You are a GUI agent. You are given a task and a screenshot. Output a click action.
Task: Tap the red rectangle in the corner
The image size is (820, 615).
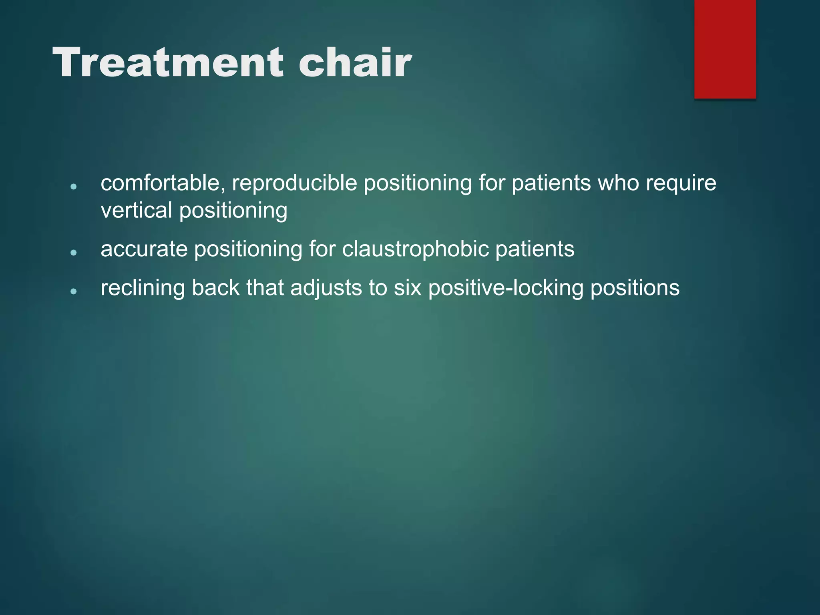point(725,49)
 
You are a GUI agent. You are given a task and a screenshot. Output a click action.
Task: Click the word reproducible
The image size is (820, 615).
point(294,183)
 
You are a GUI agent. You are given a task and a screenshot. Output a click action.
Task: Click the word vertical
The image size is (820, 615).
point(136,210)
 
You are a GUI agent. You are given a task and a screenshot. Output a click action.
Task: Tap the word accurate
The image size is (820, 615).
point(144,249)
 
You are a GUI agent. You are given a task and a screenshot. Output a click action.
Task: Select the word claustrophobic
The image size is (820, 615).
point(416,249)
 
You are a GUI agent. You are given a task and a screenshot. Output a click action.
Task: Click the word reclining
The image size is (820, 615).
point(143,288)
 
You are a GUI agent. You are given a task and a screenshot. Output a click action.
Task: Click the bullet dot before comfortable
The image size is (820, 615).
point(73,187)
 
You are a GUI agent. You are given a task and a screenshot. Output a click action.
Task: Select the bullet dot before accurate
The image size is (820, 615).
point(73,253)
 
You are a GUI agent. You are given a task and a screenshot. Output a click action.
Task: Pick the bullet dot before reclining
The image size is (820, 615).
point(73,291)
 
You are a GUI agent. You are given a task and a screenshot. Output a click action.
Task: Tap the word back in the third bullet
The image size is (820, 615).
point(215,288)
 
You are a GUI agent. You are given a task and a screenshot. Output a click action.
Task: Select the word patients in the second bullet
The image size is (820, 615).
point(535,249)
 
